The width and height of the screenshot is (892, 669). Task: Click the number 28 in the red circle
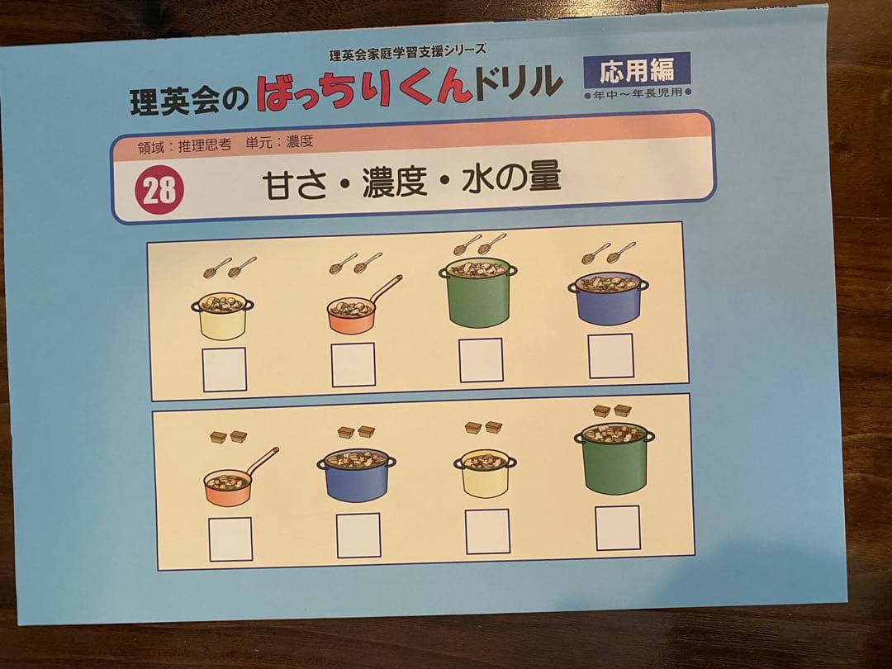pos(159,191)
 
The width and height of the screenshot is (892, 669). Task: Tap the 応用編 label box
pos(636,71)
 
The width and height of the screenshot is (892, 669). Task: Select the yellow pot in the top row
pos(222,316)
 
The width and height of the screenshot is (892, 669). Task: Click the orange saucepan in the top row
pos(353,315)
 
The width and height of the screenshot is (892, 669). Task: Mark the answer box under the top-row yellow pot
pos(225,369)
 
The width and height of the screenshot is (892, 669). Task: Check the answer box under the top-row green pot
pos(482,360)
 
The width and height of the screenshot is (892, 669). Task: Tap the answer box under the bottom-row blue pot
pos(358,534)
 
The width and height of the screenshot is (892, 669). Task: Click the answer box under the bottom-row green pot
pos(618,527)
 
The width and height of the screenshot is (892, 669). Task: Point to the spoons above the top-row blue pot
pos(609,252)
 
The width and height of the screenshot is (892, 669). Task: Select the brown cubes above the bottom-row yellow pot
pos(483,427)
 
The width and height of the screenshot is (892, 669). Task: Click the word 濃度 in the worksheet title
pos(394,182)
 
